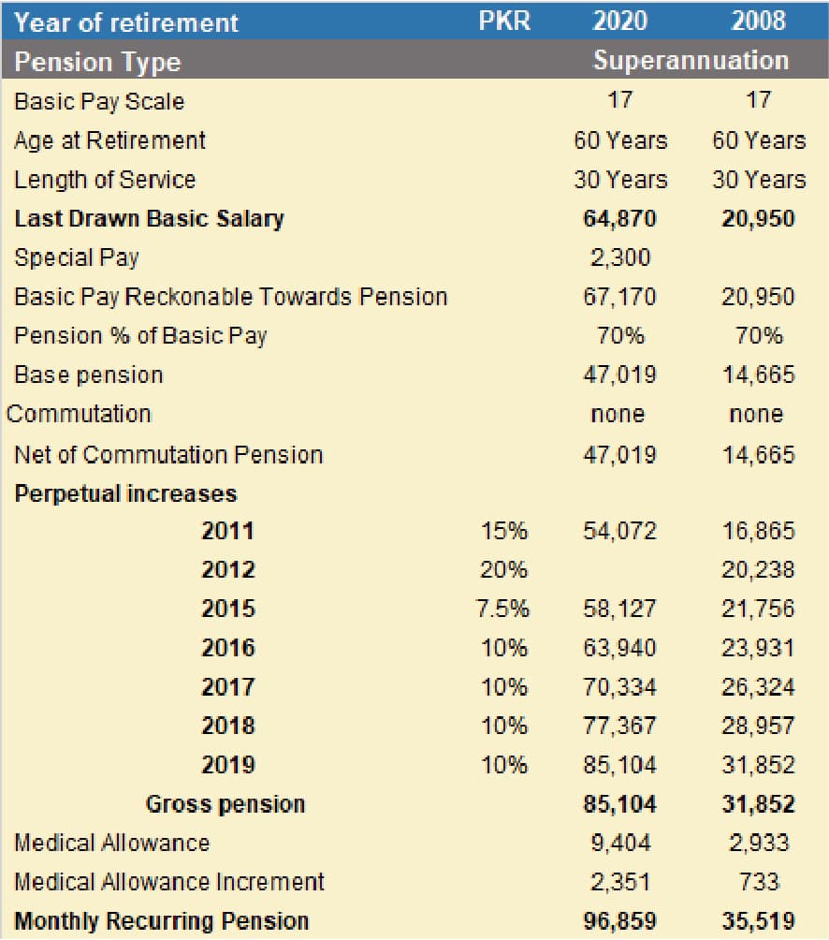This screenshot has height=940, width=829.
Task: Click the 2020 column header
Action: pos(619,22)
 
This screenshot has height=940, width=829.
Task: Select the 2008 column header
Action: pos(758,22)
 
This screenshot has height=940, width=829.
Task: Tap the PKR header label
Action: pos(504,22)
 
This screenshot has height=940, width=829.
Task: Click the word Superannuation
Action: pos(691,61)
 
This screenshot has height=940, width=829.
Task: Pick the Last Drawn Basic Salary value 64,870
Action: pos(619,219)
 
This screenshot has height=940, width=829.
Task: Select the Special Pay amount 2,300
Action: pos(619,257)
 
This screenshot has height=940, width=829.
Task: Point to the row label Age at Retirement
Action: pos(109,140)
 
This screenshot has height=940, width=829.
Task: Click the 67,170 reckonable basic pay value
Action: pos(619,297)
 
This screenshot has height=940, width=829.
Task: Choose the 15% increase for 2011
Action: pos(504,532)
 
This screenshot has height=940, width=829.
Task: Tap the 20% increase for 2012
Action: pos(504,570)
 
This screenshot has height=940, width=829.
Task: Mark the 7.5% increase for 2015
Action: pos(504,610)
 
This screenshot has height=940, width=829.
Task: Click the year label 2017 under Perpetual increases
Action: pos(227,687)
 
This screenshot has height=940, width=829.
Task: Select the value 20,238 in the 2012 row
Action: pos(758,570)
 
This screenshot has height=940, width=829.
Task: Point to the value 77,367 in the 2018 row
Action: pos(619,727)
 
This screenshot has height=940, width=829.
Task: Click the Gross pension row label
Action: pos(225,804)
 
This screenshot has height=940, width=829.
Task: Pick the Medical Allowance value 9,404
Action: pos(619,843)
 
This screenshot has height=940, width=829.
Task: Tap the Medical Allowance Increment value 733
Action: pos(758,882)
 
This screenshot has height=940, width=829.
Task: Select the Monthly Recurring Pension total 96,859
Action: pos(619,921)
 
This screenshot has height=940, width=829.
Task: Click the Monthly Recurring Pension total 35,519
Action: pos(758,921)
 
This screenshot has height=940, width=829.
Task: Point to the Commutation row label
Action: pos(79,414)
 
